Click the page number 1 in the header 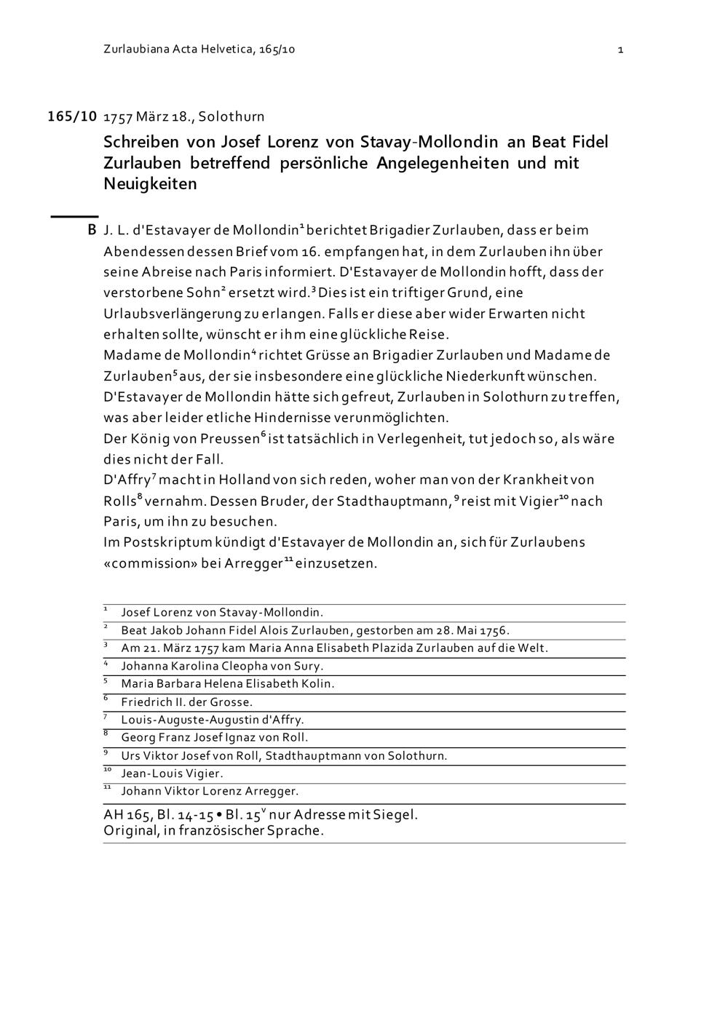coord(620,49)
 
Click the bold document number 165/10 coord(72,116)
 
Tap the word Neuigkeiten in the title coord(150,183)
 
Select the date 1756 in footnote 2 coord(495,630)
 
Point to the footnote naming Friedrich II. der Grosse coord(186,702)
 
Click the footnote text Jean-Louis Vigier coord(172,774)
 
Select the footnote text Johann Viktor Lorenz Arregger coord(210,791)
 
